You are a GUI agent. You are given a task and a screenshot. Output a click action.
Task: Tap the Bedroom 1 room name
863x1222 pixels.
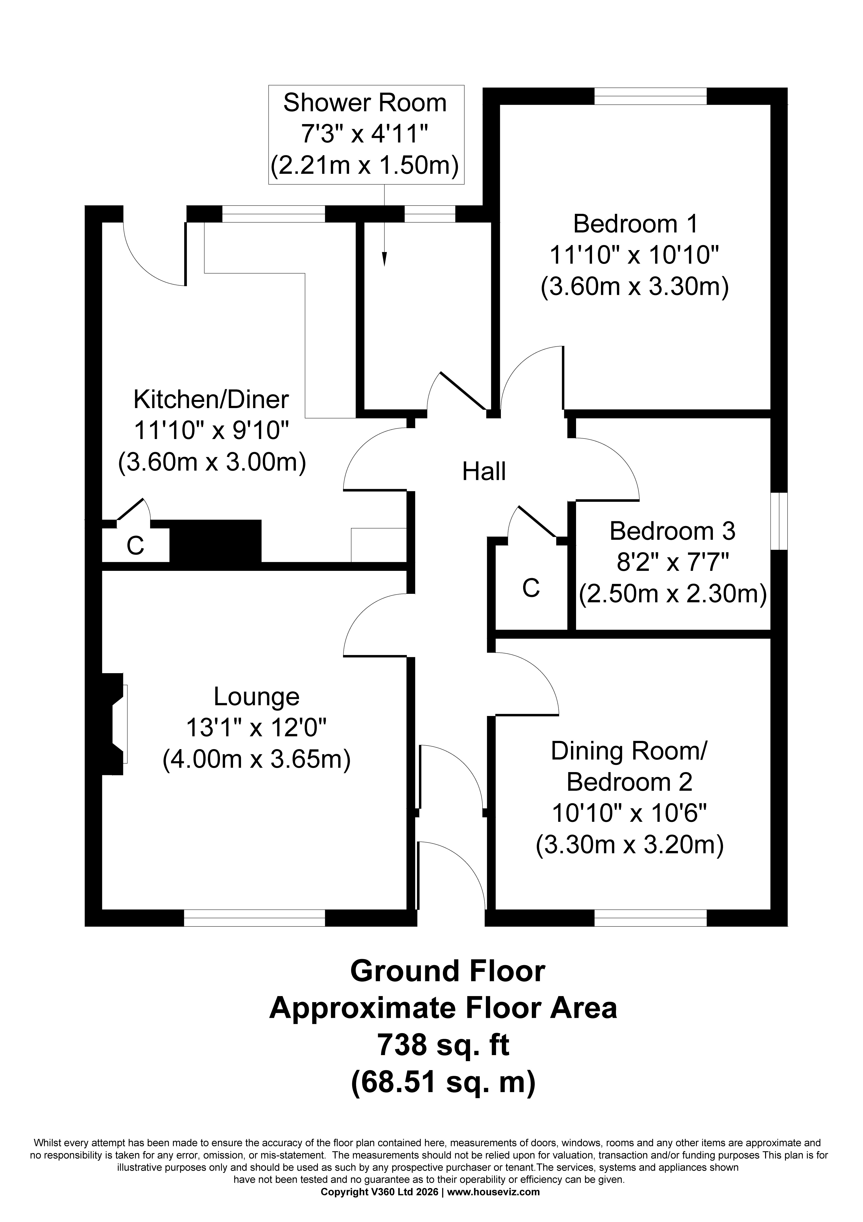[635, 224]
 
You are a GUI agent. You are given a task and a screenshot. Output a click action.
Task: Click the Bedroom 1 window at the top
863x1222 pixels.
[650, 96]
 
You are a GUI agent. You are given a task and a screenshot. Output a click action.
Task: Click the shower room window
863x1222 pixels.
[430, 213]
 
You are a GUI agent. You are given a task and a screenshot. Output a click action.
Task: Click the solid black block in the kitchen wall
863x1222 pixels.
[215, 541]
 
